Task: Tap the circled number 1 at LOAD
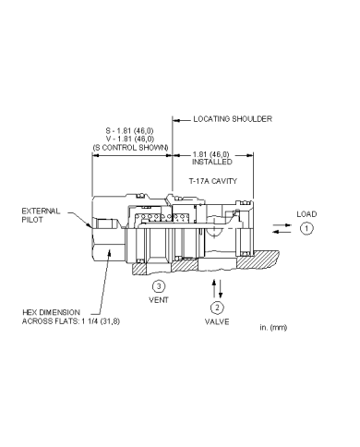307,227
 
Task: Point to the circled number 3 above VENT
159,286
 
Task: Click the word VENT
159,300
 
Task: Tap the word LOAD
306,213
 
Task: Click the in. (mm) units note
280,328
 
